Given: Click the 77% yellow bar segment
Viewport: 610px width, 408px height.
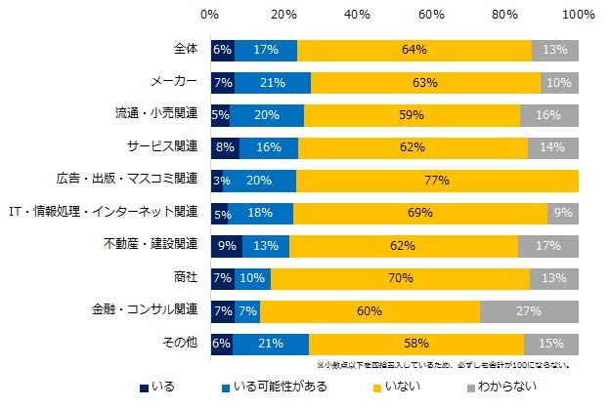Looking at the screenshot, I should (x=437, y=180).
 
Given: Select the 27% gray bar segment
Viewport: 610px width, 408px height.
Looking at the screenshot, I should (x=529, y=310).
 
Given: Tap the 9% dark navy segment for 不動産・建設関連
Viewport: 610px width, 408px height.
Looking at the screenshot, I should (x=226, y=245).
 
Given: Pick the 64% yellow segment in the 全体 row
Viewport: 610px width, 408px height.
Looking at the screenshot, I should (x=414, y=50).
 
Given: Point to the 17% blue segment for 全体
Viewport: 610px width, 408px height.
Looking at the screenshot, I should (x=266, y=50).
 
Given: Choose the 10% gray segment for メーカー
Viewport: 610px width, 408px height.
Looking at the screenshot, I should (x=559, y=82).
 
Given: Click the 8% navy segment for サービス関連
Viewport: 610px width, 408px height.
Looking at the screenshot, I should (x=225, y=147).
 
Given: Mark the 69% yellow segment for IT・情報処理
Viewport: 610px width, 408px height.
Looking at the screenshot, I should (x=420, y=213).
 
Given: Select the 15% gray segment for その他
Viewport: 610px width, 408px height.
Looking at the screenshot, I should (x=551, y=344).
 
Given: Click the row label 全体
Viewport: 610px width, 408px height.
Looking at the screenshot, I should (x=185, y=50).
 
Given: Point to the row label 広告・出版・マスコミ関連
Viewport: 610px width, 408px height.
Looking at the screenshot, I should (x=128, y=180).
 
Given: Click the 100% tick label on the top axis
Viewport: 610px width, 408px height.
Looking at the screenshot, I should (x=579, y=16).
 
